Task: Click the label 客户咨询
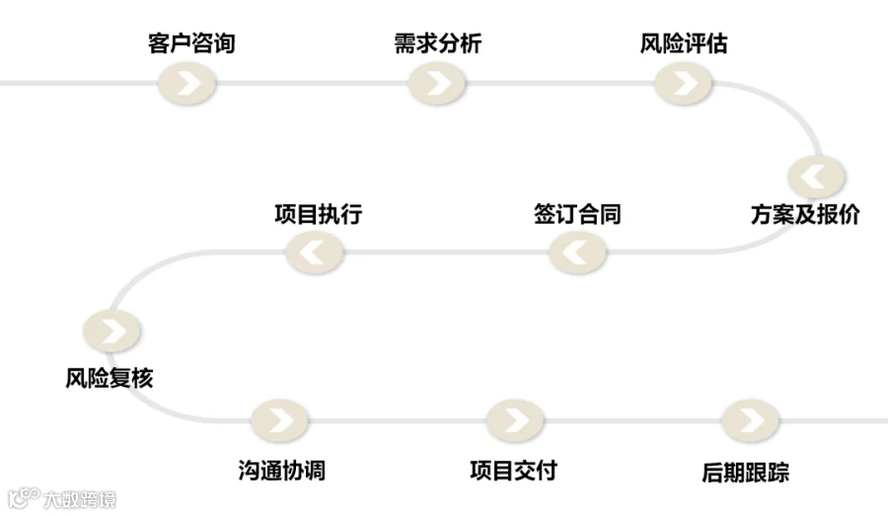point(191,43)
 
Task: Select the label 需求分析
point(438,43)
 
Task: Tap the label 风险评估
point(684,43)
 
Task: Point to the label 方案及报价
point(805,214)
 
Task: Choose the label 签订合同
point(577,214)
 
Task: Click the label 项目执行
point(319,214)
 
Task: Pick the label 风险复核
point(110,378)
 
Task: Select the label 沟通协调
point(281,470)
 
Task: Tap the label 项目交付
point(514,470)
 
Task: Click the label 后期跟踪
point(745,472)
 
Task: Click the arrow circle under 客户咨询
point(186,84)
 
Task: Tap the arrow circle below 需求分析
point(437,84)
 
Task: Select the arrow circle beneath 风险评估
point(683,84)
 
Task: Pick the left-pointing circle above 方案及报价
point(816,177)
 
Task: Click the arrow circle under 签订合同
point(577,253)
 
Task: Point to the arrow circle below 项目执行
point(315,253)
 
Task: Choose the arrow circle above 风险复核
point(111,331)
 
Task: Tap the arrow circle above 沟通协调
point(279,421)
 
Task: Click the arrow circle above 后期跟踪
point(750,421)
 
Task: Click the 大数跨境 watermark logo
point(62,498)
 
